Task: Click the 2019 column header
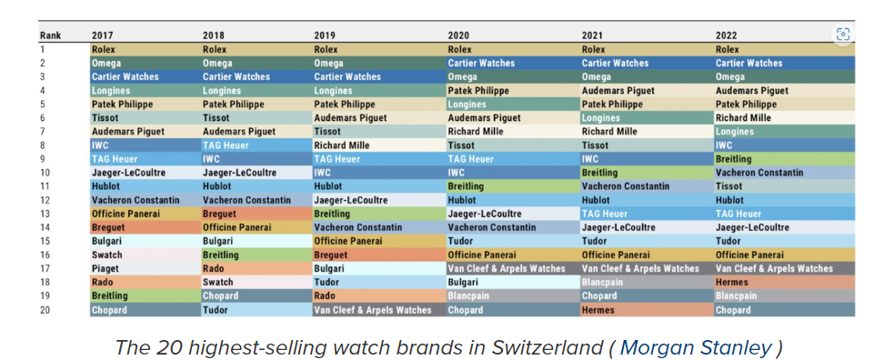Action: click(325, 35)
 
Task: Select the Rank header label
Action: click(50, 35)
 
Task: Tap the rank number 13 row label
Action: click(45, 214)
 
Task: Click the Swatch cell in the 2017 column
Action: click(146, 255)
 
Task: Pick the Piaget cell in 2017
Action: click(146, 268)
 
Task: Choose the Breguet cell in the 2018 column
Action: click(257, 214)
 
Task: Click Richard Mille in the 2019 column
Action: click(379, 145)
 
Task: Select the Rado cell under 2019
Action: click(379, 296)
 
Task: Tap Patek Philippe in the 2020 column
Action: click(513, 90)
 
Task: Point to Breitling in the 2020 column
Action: click(513, 186)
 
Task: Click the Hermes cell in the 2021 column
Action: click(648, 310)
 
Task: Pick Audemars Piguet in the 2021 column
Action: click(648, 90)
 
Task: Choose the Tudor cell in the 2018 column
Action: click(257, 310)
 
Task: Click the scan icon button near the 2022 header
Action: click(843, 35)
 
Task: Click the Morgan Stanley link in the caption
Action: click(696, 347)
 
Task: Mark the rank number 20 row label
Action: click(46, 310)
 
